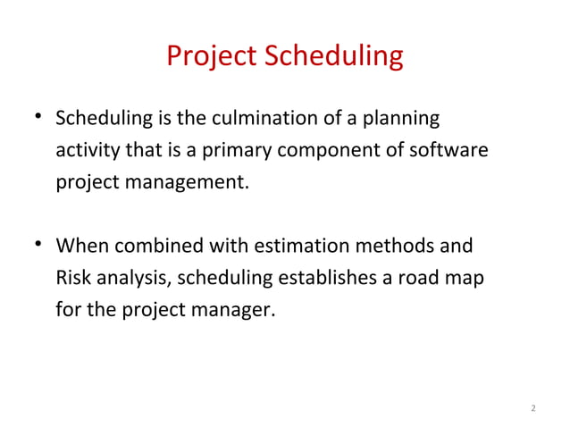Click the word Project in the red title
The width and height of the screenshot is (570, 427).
click(211, 57)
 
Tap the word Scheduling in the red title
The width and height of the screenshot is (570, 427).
click(331, 57)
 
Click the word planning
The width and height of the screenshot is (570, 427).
click(404, 118)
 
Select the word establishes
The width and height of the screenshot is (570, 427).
click(327, 278)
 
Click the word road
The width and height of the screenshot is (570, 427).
click(423, 278)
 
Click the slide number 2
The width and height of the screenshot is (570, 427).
click(533, 409)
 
